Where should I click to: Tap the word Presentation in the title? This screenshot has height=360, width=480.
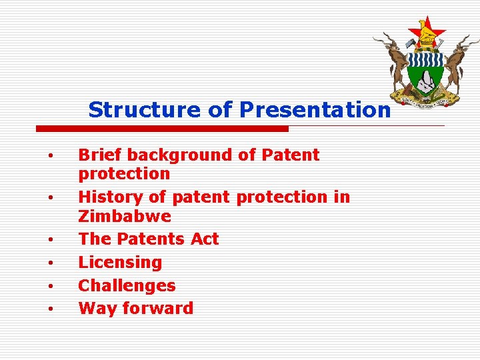tap(315, 109)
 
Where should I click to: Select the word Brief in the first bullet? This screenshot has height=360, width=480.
tap(100, 155)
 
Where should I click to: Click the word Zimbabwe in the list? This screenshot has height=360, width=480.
tap(125, 217)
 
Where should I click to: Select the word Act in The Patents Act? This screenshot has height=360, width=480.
tap(205, 239)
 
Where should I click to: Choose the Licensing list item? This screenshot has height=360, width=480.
tap(120, 263)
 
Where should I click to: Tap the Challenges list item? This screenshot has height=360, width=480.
tap(127, 285)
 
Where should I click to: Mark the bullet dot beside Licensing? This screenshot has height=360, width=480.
tap(50, 263)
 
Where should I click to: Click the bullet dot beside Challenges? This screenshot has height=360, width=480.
tap(50, 286)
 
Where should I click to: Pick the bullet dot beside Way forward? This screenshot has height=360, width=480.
tap(50, 309)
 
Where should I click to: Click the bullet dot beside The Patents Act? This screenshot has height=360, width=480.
tap(50, 239)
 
